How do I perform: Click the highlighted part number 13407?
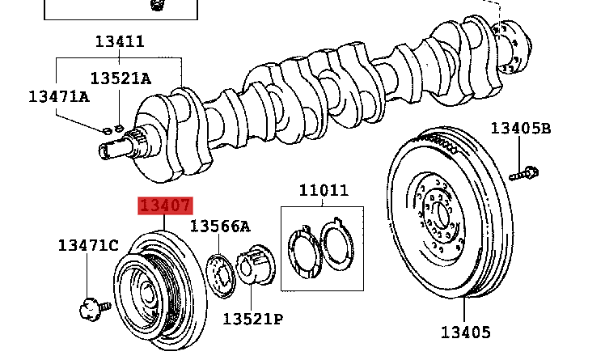165,208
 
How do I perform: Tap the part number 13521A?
120,78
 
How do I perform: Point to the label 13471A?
58,95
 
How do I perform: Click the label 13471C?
87,245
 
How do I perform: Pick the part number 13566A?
220,227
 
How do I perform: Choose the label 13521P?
252,318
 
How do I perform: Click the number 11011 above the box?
324,191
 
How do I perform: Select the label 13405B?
521,128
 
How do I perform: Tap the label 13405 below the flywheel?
465,332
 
